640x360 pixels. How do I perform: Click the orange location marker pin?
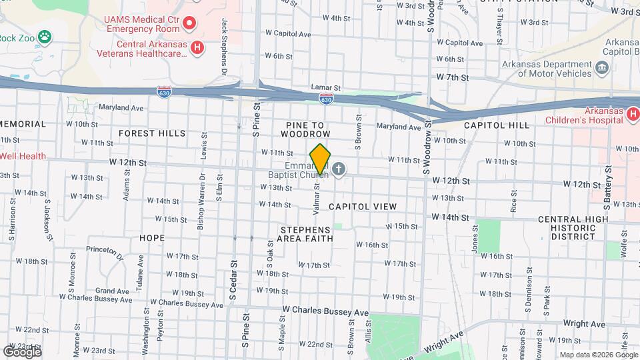coord(320,159)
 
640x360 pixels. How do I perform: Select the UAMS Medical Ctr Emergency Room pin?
coord(189,24)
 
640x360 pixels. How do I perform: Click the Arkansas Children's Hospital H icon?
coord(633,115)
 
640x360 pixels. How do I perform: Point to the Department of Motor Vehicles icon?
coord(602,69)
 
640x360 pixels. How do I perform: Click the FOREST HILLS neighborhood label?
coord(152,133)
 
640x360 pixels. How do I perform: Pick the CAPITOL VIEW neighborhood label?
coord(363,207)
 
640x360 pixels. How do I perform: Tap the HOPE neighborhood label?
coord(152,237)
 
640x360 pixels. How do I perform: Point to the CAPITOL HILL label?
coord(497,125)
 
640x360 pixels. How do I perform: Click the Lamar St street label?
coord(326,87)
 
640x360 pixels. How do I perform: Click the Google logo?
coord(22,351)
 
